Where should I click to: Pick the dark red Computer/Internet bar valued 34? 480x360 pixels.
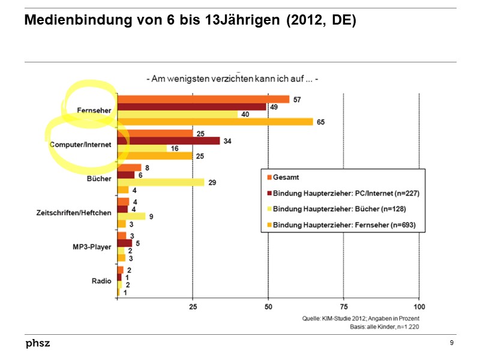168,141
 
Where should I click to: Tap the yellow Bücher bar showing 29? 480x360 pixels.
160,182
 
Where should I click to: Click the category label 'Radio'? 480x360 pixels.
101,281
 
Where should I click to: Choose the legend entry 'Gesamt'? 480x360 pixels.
286,177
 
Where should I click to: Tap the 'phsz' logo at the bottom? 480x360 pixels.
38,343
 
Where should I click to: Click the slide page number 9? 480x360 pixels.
451,343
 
